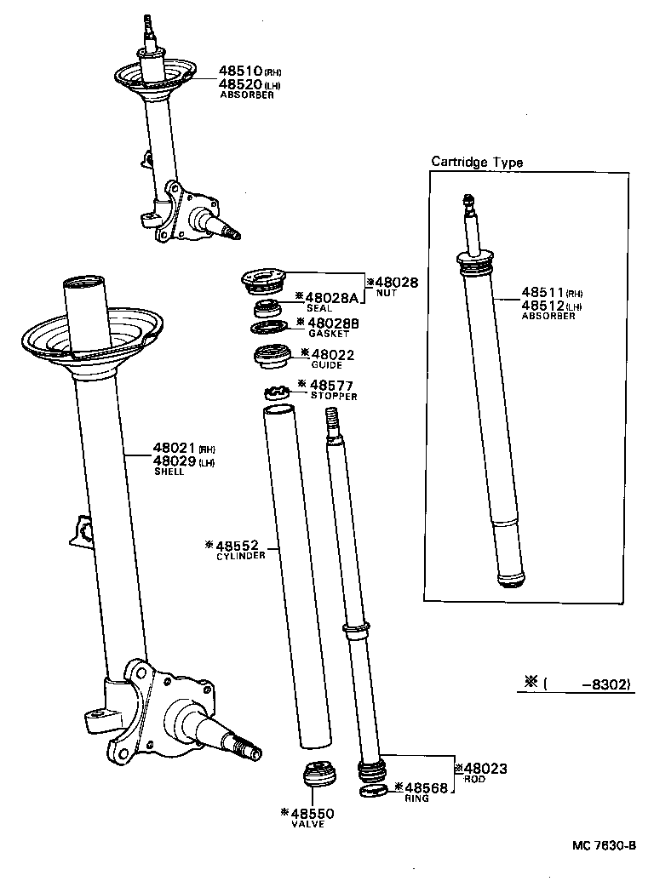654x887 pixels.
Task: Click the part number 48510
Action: [239, 72]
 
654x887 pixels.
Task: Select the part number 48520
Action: [239, 84]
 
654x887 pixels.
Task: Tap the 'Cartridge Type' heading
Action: [477, 162]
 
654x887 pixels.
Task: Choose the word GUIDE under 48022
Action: [327, 365]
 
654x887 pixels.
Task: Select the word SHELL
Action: [169, 472]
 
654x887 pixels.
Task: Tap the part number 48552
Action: [240, 544]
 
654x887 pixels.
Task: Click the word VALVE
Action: [307, 824]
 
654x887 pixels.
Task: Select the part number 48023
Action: [485, 769]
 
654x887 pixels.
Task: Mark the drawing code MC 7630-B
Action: [604, 846]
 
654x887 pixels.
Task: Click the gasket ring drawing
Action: [268, 327]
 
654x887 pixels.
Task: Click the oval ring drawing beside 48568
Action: [373, 793]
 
